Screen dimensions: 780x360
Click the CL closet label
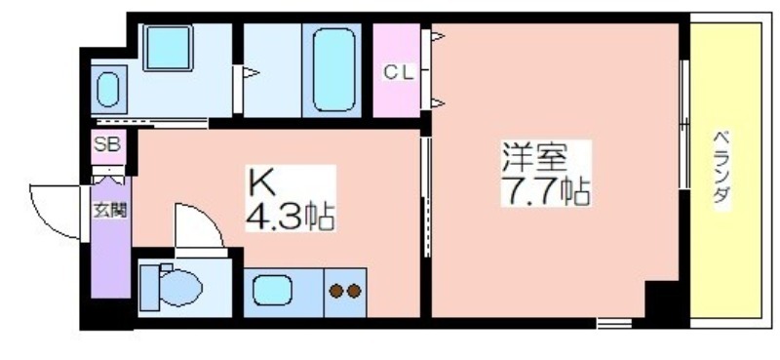(399, 74)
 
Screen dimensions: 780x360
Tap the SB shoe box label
(107, 144)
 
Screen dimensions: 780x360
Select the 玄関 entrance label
(110, 211)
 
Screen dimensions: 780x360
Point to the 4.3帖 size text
(290, 215)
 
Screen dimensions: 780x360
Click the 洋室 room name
(533, 158)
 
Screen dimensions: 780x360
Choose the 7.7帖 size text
(545, 190)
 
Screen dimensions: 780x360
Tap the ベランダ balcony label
(721, 166)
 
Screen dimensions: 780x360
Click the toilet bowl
(180, 288)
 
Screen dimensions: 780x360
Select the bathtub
(333, 69)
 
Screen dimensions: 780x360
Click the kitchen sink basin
(272, 291)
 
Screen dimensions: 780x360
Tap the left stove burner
(336, 292)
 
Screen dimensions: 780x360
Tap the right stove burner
(354, 292)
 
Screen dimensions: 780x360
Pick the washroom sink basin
(108, 90)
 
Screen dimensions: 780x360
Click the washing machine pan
(168, 48)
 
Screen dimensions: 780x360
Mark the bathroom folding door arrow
(251, 73)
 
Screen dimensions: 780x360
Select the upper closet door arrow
(437, 36)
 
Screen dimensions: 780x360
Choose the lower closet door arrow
(437, 103)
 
